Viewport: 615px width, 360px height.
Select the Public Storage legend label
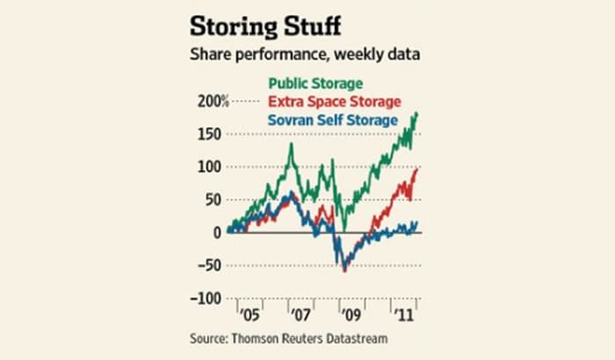pos(314,84)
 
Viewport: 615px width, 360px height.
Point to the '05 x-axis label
pos(251,313)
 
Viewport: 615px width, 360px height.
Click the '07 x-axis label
pos(300,313)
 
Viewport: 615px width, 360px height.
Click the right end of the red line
pos(416,169)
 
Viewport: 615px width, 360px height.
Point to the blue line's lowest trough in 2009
pos(344,271)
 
